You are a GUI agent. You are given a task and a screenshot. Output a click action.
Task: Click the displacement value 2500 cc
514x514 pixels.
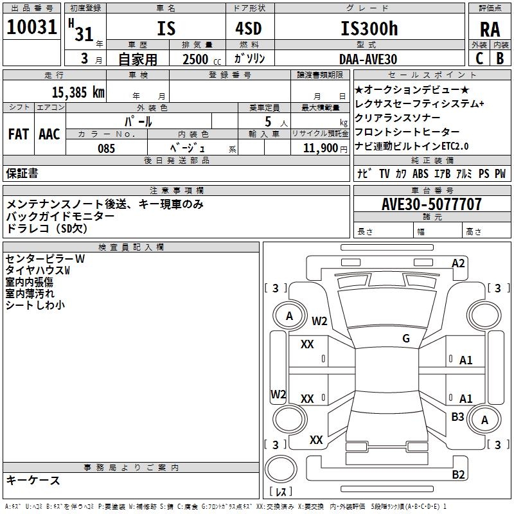point(200,59)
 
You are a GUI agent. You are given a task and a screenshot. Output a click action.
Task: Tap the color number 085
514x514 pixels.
point(106,148)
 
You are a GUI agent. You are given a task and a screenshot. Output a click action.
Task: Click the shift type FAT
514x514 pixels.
point(18,134)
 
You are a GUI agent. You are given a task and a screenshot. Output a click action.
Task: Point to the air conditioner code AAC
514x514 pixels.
point(49,134)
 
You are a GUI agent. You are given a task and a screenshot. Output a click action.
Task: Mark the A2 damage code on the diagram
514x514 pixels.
point(458,263)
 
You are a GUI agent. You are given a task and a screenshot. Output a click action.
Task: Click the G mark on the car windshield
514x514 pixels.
point(406,339)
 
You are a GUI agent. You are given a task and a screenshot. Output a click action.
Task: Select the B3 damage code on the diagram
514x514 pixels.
point(457,416)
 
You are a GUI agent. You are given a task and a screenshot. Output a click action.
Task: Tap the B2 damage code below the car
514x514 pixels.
point(458,475)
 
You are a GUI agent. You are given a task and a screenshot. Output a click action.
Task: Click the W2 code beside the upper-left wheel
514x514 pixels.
point(319,321)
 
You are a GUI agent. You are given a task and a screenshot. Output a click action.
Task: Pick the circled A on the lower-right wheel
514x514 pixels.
point(485,420)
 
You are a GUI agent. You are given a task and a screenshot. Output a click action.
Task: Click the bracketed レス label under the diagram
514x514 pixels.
point(281,492)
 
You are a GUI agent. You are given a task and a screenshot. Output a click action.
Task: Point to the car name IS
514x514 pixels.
point(166,29)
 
